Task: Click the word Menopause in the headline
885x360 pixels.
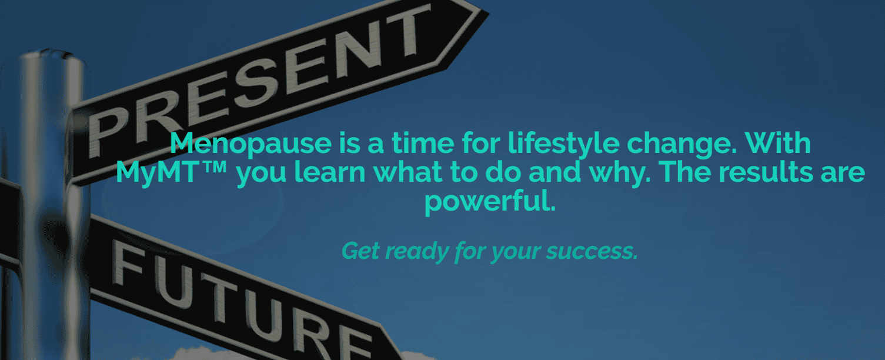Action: click(251, 144)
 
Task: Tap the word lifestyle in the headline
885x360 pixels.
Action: click(563, 144)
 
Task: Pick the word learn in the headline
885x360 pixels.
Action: click(330, 172)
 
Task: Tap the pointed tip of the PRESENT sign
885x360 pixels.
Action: click(489, 14)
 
